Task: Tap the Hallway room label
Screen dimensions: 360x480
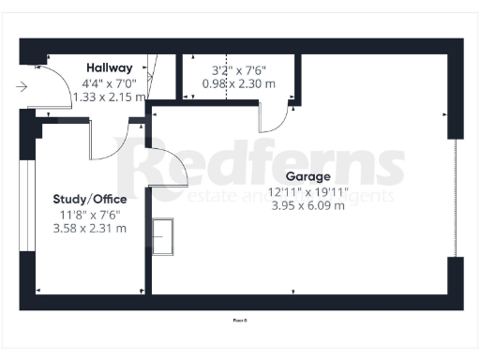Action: point(110,67)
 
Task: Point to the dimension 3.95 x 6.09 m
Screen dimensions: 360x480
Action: point(308,206)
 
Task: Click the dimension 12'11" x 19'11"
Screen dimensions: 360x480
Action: point(308,191)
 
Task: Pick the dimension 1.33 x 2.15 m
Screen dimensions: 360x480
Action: point(110,96)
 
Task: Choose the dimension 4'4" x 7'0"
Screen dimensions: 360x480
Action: point(110,82)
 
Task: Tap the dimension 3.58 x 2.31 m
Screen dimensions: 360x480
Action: point(90,228)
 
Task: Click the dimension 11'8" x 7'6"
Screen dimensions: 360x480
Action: point(90,214)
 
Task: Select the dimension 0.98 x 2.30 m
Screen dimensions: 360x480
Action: point(239,82)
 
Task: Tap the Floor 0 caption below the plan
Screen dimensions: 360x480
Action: point(239,320)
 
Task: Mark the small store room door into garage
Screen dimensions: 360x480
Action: point(275,118)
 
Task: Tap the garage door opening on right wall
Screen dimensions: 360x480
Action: point(457,197)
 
